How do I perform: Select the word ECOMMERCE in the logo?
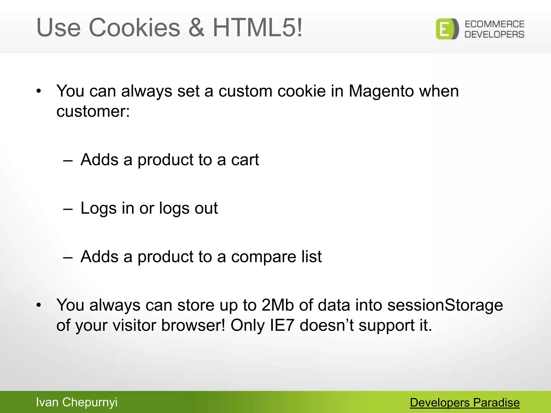(495, 24)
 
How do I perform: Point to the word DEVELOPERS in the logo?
(495, 34)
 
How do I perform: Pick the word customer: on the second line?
(93, 111)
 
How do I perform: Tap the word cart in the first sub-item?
(245, 160)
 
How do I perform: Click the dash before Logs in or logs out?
(68, 209)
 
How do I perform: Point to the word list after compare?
(311, 257)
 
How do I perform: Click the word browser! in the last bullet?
(193, 325)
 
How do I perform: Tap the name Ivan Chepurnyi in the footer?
(77, 403)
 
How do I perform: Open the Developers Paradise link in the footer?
(465, 403)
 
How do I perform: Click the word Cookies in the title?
(134, 28)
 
